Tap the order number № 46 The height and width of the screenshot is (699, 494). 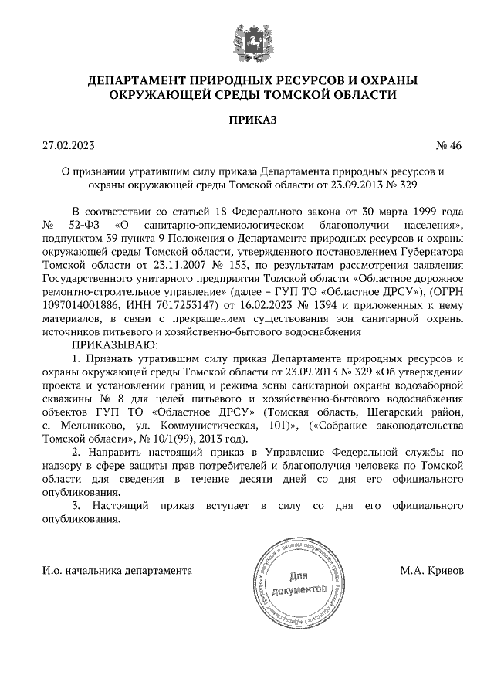[x=448, y=144]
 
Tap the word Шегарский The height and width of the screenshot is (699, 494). [x=397, y=412]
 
